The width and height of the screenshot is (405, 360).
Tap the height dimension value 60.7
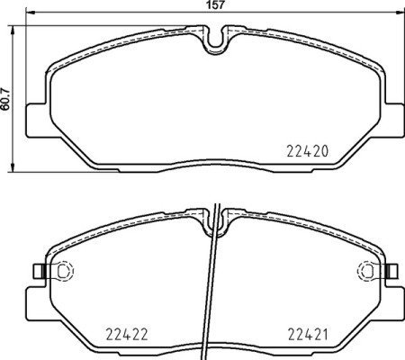7,94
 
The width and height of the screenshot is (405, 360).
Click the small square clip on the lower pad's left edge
35,269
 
